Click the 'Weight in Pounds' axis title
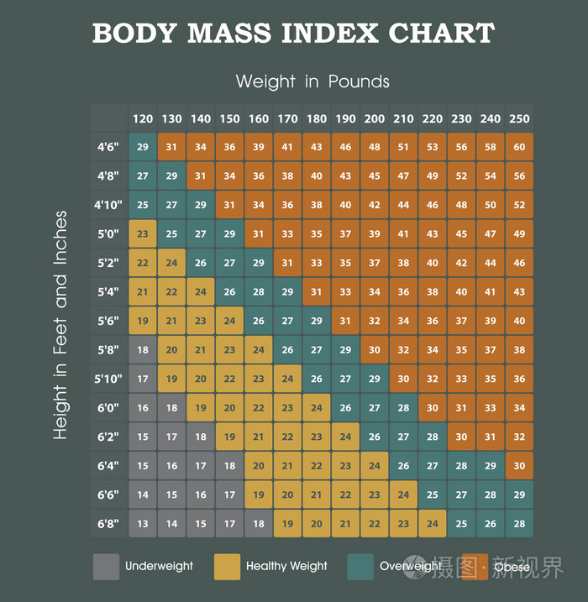(x=312, y=81)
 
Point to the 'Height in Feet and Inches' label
(x=60, y=325)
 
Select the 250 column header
(x=519, y=118)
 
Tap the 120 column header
(x=143, y=118)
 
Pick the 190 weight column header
(x=345, y=118)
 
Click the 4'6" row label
(x=108, y=147)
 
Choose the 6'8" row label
(x=108, y=524)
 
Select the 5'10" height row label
(x=108, y=379)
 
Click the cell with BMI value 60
(x=519, y=147)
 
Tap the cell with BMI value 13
(x=143, y=524)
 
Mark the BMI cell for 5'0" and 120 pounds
(x=143, y=233)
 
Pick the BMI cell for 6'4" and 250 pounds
(x=519, y=466)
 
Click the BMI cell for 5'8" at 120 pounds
(x=143, y=349)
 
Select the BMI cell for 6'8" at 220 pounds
(x=433, y=524)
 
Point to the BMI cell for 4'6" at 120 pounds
(x=143, y=147)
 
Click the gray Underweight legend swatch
(x=106, y=567)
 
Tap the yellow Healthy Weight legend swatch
(x=227, y=567)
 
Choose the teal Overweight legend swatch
(x=360, y=567)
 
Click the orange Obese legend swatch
(x=475, y=567)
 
